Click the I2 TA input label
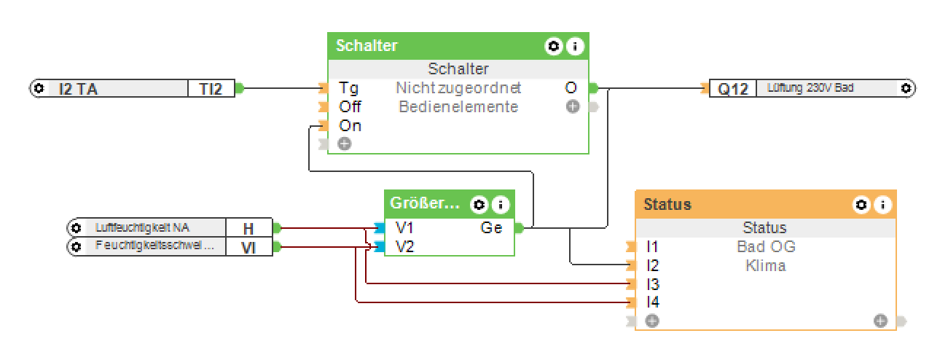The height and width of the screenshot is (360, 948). [x=78, y=89]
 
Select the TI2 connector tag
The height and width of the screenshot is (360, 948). [x=212, y=89]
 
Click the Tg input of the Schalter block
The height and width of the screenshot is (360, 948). [x=348, y=88]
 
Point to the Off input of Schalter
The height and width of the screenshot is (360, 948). [x=350, y=107]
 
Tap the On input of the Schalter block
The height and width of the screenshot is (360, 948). [x=350, y=126]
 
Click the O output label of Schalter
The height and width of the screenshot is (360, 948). [x=571, y=88]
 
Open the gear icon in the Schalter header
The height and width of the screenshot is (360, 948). [x=554, y=47]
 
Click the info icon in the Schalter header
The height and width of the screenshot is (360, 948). [x=575, y=47]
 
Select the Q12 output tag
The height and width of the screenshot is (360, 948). [x=733, y=89]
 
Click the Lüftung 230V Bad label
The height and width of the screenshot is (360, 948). [x=810, y=88]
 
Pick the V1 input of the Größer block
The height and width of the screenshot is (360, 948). [x=404, y=228]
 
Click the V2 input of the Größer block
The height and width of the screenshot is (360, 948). [x=404, y=247]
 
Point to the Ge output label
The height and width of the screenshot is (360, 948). [x=491, y=228]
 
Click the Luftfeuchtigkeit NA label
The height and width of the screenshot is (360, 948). [x=141, y=227]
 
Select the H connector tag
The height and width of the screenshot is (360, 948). [x=248, y=228]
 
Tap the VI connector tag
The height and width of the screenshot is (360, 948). [x=248, y=248]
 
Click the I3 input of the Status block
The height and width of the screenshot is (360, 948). [x=653, y=284]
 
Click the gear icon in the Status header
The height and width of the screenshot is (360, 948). [x=861, y=205]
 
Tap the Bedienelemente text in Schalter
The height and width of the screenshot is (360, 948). [x=458, y=107]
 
